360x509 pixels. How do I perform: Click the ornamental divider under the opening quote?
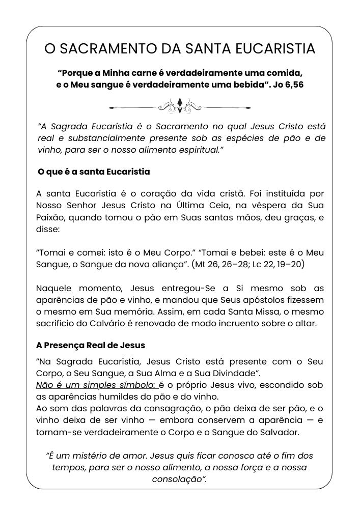click(x=180, y=107)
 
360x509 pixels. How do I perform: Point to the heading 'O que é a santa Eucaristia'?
click(x=94, y=172)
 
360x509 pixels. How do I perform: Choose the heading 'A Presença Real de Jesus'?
click(x=91, y=345)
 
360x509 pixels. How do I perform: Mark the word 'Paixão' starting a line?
click(x=50, y=218)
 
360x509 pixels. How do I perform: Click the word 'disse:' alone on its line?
click(x=47, y=230)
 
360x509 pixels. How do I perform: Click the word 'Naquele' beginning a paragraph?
click(x=54, y=288)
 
